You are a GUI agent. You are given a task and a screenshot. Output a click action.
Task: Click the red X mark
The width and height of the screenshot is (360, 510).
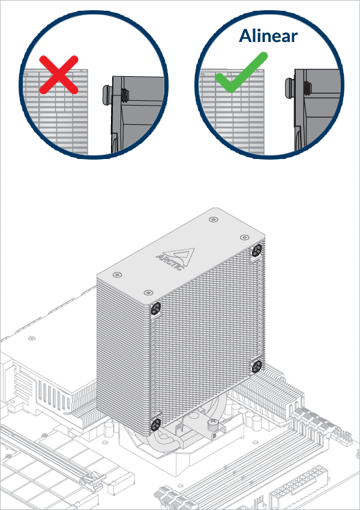pyautogui.click(x=59, y=74)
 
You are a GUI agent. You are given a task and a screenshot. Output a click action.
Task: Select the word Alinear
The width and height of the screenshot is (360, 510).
pyautogui.click(x=268, y=35)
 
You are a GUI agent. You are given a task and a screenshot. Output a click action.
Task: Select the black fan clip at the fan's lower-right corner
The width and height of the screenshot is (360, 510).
pyautogui.click(x=256, y=365)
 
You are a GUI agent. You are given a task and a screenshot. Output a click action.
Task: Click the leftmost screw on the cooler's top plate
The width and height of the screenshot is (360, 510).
pyautogui.click(x=116, y=274)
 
